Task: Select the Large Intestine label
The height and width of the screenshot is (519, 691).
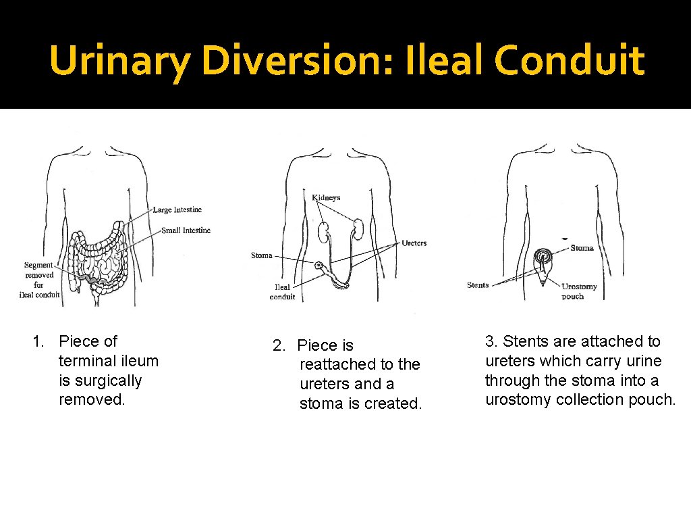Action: pos(177,209)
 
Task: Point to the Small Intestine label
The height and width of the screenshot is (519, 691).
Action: pos(186,230)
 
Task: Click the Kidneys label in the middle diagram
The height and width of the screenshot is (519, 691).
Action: pos(326,197)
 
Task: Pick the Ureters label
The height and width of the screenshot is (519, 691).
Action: pos(414,243)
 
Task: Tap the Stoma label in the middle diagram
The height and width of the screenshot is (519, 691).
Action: pos(261,255)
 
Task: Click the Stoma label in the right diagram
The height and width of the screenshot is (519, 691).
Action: pos(582,248)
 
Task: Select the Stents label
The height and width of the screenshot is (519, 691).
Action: pos(478,285)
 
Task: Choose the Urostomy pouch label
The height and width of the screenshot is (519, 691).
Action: pos(579,291)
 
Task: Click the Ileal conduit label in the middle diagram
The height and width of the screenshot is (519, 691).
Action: pos(282,292)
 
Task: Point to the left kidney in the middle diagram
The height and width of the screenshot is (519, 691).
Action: pos(324,232)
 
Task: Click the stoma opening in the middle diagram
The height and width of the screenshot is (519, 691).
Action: pos(319,268)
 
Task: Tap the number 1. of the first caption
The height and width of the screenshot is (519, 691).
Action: pos(39,342)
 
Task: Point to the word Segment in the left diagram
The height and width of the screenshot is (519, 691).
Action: pos(38,265)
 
